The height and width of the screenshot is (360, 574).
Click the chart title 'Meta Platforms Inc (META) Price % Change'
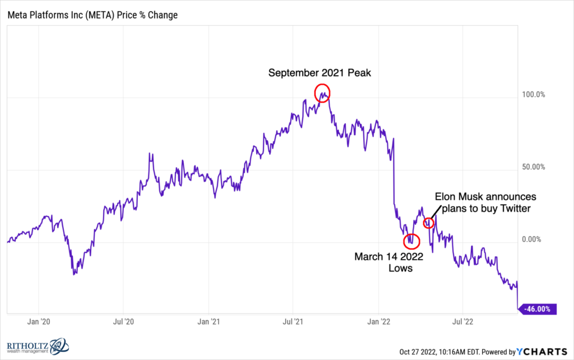92,15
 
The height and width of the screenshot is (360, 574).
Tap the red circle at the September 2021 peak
322,92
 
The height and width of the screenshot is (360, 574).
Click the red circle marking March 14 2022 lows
411,241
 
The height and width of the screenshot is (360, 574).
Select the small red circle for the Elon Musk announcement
429,223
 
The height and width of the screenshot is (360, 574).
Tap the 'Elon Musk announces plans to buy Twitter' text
486,203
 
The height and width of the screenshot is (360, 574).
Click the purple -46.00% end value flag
538,308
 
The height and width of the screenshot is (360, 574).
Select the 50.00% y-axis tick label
530,167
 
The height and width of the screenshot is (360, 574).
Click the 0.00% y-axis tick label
530,239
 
